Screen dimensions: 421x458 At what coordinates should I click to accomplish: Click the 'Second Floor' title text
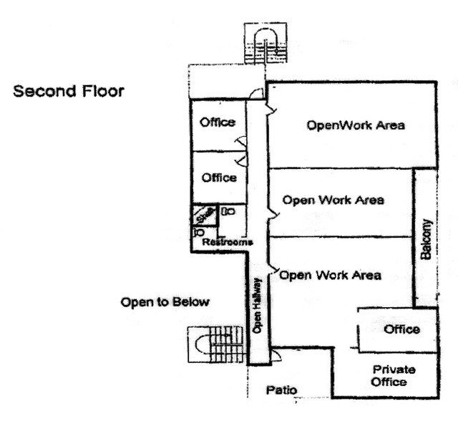point(69,92)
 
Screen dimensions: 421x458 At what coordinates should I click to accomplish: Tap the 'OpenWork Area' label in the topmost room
point(356,125)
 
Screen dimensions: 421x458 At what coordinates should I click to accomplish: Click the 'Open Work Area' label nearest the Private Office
point(330,275)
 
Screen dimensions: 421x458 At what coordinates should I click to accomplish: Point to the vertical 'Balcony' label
point(427,239)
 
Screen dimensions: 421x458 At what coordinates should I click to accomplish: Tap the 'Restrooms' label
point(228,243)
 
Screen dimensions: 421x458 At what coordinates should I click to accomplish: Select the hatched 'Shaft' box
point(203,216)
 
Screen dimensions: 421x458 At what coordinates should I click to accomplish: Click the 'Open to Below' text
point(165,302)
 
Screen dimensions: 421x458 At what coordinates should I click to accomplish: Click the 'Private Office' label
point(390,375)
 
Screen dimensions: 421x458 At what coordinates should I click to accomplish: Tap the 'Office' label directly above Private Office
point(401,329)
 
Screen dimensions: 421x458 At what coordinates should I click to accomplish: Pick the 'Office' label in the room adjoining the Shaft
point(218,178)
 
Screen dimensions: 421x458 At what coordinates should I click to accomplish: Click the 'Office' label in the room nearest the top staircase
point(217,122)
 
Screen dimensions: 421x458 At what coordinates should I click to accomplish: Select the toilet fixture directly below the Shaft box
point(200,233)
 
